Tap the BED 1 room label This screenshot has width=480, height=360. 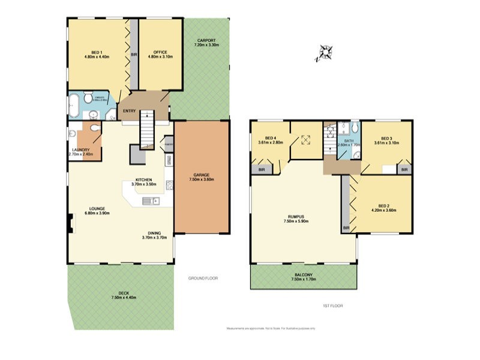(x=96, y=52)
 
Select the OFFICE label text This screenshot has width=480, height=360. (x=160, y=52)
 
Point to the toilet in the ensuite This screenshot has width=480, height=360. (x=88, y=97)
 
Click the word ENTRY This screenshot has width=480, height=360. (x=129, y=111)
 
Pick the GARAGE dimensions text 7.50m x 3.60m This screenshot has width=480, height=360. (x=202, y=179)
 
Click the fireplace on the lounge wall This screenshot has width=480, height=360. (x=71, y=223)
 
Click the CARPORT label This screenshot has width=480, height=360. (x=206, y=40)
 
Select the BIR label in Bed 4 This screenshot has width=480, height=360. (x=261, y=170)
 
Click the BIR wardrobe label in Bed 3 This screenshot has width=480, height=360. (x=404, y=170)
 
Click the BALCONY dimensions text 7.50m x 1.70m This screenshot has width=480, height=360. (x=304, y=279)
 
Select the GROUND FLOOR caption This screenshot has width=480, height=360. (x=203, y=278)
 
